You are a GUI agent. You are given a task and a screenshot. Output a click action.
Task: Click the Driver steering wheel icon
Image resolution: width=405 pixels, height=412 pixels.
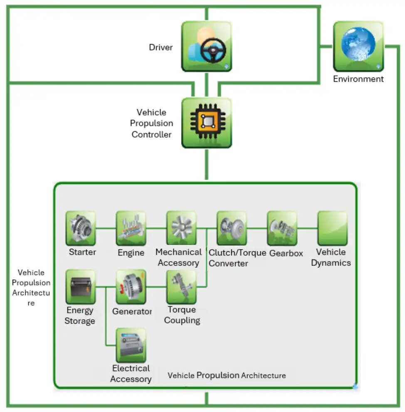(x=207, y=46)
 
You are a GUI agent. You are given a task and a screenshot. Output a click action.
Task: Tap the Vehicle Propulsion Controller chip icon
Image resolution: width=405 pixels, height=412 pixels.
(x=207, y=123)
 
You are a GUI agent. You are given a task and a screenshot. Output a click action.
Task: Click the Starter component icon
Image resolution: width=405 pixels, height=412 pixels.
(x=81, y=228)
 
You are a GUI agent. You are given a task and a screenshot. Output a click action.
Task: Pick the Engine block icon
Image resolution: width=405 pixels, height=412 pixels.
(x=131, y=228)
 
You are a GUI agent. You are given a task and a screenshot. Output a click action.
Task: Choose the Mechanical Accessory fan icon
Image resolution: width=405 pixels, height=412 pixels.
(x=181, y=228)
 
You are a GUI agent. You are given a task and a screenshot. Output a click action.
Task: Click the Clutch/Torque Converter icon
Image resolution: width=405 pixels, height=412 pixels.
(x=232, y=228)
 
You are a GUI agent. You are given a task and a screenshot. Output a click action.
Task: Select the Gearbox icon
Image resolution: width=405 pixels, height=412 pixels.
(x=282, y=228)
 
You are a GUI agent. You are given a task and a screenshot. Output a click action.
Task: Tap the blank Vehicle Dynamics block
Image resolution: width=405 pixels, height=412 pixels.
(x=332, y=228)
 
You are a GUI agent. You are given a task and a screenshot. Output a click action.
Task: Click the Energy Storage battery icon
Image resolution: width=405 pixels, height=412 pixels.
(x=81, y=287)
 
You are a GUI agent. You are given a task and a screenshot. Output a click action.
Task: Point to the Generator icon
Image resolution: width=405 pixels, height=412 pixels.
(x=131, y=287)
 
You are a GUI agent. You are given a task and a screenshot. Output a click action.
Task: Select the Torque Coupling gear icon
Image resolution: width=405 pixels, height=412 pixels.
(x=181, y=287)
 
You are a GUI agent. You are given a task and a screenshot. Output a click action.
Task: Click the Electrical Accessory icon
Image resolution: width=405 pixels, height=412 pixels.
(x=131, y=345)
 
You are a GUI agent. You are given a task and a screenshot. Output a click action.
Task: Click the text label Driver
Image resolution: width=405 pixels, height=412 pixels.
(x=161, y=47)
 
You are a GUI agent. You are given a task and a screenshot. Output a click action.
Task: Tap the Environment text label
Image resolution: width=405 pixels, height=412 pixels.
(x=358, y=79)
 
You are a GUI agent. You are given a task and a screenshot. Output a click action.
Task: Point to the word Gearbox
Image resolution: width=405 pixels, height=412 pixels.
(x=286, y=253)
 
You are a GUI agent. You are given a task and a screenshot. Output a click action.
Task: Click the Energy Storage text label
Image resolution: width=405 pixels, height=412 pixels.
(x=80, y=316)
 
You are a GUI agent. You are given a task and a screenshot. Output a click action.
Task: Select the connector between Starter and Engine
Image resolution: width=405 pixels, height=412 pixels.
(x=106, y=228)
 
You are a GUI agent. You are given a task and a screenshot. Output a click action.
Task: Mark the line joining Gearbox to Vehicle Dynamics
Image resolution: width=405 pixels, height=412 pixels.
(x=307, y=228)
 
